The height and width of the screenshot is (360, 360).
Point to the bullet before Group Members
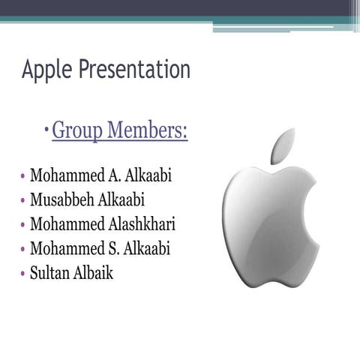[46, 133]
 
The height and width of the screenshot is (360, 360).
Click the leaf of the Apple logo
[283, 145]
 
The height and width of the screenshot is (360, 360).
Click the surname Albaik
[93, 272]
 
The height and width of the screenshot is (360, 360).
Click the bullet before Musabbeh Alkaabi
[23, 202]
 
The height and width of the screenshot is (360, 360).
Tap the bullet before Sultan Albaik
[23, 274]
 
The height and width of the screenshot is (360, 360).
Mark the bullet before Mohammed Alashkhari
[23, 226]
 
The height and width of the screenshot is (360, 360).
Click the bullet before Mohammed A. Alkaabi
[23, 178]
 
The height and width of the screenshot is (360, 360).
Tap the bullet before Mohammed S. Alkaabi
[23, 250]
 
